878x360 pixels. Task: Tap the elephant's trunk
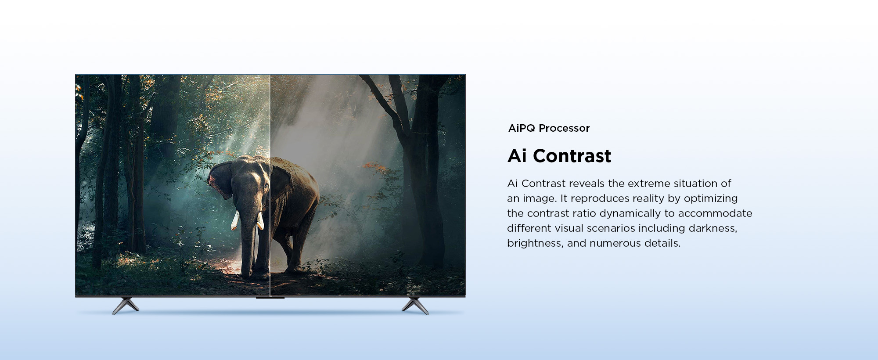coord(248,237)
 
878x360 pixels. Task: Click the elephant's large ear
coord(220,180)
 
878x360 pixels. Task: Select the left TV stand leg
coord(125,306)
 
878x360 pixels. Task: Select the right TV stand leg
coord(415,306)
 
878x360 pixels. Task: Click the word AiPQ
coord(522,128)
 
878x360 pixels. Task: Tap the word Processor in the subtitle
coord(564,128)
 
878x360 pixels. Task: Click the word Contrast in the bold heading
coord(572,156)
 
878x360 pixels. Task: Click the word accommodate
coord(715,213)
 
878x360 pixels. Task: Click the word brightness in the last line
coord(535,244)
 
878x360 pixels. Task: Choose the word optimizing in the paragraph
coord(711,199)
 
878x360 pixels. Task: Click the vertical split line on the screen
coord(270,185)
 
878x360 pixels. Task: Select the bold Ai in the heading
coord(517,156)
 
